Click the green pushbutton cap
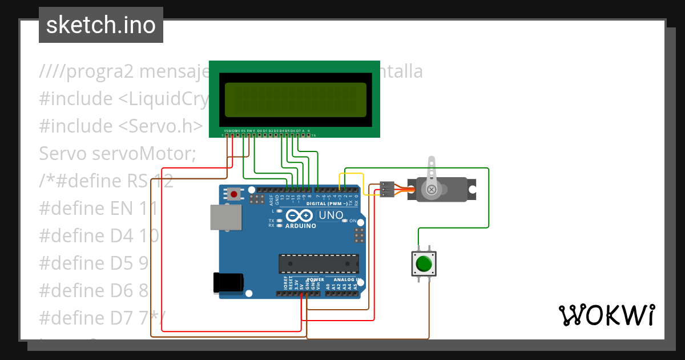point(424,264)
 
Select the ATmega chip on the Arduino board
point(319,264)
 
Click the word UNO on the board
point(330,215)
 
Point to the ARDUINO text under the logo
point(300,226)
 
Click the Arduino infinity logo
point(299,215)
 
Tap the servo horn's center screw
point(432,189)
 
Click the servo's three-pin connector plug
point(387,190)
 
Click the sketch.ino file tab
point(101,25)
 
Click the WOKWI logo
point(606,315)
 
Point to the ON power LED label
point(353,221)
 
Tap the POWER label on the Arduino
point(317,280)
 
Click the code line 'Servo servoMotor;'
point(118,154)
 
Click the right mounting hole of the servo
point(472,189)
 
